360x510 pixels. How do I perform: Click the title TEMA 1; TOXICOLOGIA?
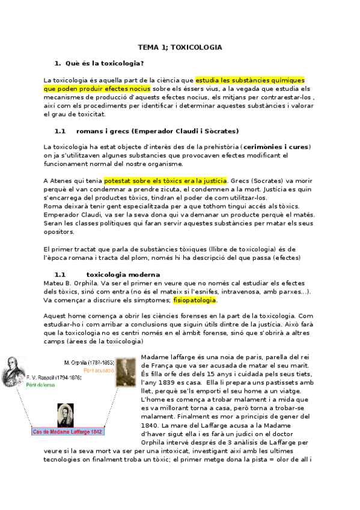[180, 47]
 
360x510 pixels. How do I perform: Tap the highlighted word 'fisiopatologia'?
[195, 300]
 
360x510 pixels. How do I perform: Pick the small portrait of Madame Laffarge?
[65, 415]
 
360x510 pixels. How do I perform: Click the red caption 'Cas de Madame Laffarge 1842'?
[67, 431]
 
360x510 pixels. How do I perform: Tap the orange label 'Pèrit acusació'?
[100, 370]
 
